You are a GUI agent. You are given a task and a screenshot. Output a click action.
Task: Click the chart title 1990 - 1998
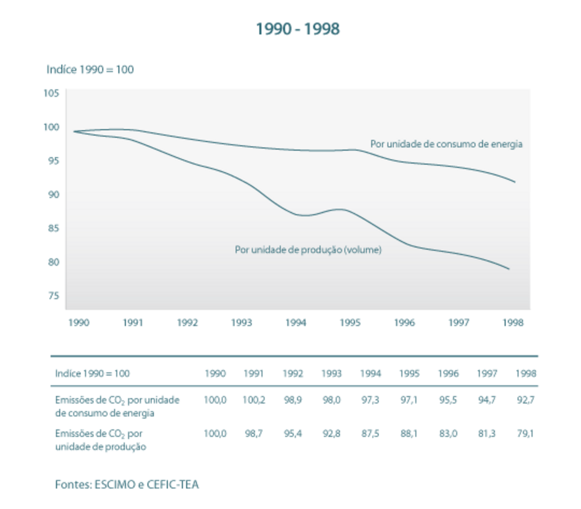click(297, 29)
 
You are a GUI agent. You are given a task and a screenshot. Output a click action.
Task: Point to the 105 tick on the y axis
click(51, 93)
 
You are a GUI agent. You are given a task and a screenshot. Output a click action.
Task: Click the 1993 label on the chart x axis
click(242, 323)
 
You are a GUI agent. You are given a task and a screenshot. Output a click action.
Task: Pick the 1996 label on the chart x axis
click(405, 323)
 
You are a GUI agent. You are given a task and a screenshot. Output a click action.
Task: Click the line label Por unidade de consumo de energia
click(447, 144)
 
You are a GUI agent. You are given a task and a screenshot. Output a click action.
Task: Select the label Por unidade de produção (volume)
click(308, 250)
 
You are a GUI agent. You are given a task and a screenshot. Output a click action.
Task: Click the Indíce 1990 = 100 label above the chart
click(90, 69)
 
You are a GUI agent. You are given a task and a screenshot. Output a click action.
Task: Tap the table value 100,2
click(253, 400)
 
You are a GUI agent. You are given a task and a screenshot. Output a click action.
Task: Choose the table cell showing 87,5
click(370, 434)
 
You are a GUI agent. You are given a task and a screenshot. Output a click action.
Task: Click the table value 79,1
click(525, 434)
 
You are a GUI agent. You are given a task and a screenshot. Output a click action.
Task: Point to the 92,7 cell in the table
click(525, 400)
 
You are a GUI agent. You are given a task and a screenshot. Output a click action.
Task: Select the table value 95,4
click(293, 434)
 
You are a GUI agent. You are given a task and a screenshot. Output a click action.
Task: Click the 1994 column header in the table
click(370, 373)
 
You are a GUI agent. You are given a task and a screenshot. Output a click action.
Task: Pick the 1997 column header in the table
click(486, 373)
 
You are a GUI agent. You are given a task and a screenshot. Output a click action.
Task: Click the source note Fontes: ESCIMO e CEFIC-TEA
click(127, 484)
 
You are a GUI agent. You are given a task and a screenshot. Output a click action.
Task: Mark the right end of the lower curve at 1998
click(509, 269)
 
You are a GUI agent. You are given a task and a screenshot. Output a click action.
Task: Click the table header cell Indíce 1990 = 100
click(92, 373)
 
